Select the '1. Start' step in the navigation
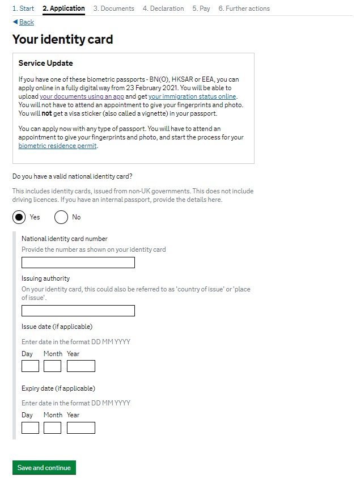pyautogui.click(x=23, y=9)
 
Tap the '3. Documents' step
pyautogui.click(x=113, y=9)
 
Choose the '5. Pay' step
pyautogui.click(x=201, y=9)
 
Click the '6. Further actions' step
pyautogui.click(x=244, y=9)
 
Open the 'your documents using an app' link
pyautogui.click(x=82, y=97)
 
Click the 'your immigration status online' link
pyautogui.click(x=192, y=97)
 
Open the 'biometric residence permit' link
pyautogui.click(x=58, y=146)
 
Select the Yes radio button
pyautogui.click(x=19, y=217)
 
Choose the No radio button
pyautogui.click(x=61, y=217)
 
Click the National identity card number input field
pyautogui.click(x=78, y=263)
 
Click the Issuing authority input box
pyautogui.click(x=78, y=311)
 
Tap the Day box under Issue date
pyautogui.click(x=30, y=366)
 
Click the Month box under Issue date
pyautogui.click(x=52, y=366)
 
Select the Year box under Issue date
pyautogui.click(x=81, y=366)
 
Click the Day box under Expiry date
pyautogui.click(x=30, y=428)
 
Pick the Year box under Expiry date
pyautogui.click(x=81, y=428)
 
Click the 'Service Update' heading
pyautogui.click(x=45, y=63)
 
